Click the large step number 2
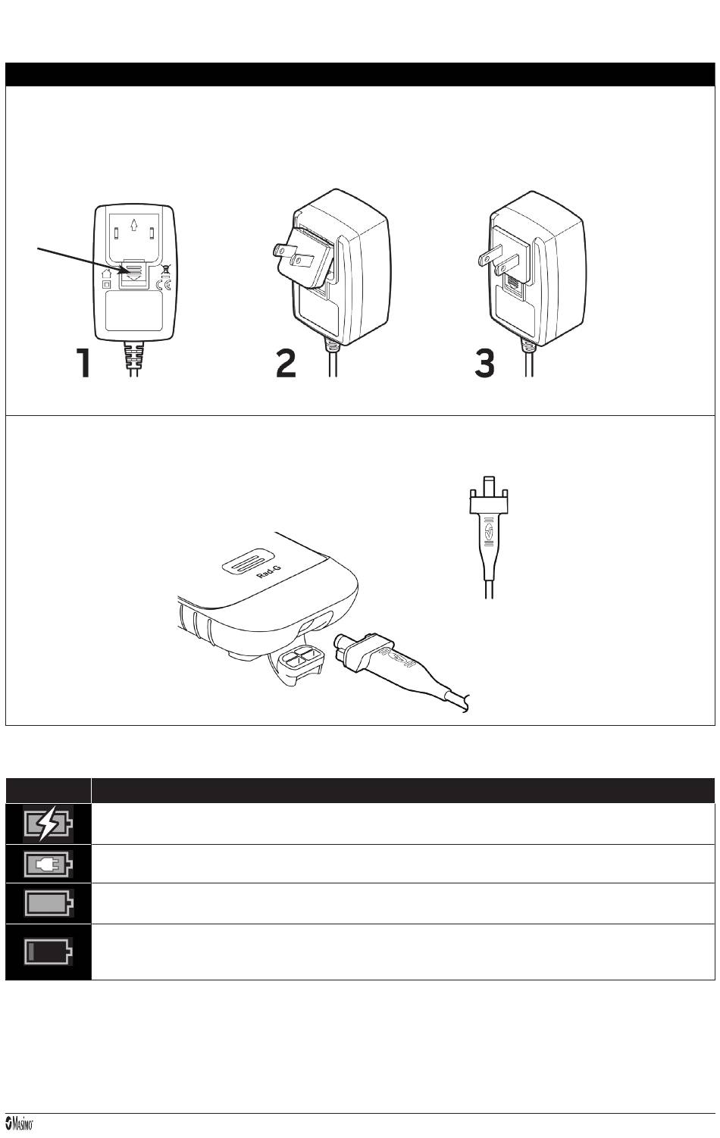[x=286, y=363]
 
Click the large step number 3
[x=485, y=363]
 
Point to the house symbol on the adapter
[x=106, y=274]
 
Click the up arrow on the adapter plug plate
[x=134, y=224]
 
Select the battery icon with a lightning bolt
[x=47, y=824]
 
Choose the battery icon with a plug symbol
[x=49, y=864]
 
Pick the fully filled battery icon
[x=49, y=905]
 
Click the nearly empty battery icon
[x=49, y=950]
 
